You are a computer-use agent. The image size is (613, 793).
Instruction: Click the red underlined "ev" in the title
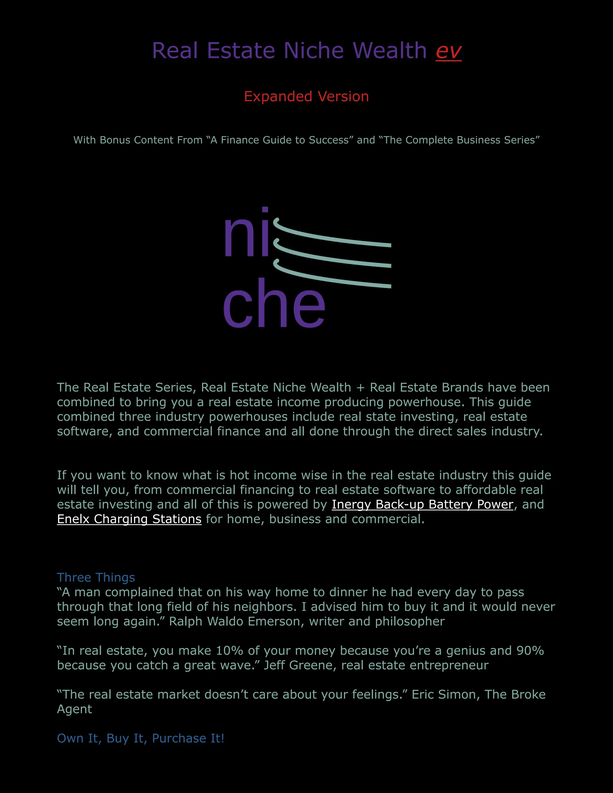pos(448,51)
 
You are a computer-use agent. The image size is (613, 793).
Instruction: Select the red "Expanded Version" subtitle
pos(306,97)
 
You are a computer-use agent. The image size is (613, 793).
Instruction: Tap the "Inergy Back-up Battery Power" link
pos(422,504)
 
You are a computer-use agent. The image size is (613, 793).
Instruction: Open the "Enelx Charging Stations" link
pos(129,519)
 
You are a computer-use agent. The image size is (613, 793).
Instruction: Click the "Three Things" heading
pos(96,577)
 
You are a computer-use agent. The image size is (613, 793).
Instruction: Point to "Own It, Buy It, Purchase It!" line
pos(141,738)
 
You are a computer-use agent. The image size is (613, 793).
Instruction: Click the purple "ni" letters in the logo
pos(247,236)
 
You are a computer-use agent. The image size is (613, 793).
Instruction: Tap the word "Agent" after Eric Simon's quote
pos(75,709)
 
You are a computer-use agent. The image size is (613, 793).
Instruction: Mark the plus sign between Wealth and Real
pos(360,388)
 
